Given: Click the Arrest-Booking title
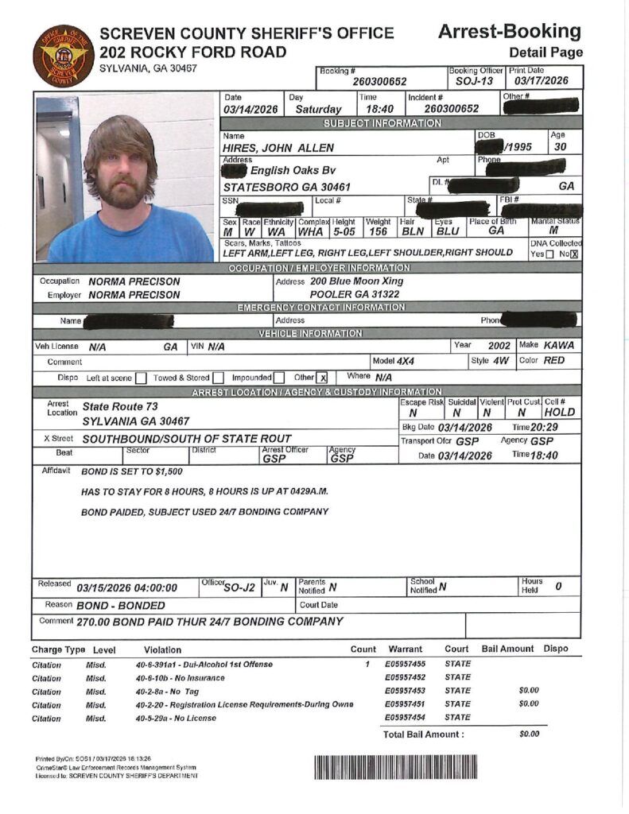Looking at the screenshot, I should (510, 32).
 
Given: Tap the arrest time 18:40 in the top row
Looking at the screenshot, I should (372, 109).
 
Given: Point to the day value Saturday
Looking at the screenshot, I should (318, 109).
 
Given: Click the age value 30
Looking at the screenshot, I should (559, 147).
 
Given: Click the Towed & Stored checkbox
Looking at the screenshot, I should (218, 378).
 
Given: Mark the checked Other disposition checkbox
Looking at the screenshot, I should (322, 378).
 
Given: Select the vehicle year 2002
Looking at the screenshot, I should (499, 346).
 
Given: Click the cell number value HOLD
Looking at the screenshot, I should (559, 412).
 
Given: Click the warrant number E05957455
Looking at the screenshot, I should (405, 663).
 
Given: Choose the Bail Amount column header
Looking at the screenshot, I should (507, 649).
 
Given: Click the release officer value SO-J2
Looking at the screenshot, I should (239, 587).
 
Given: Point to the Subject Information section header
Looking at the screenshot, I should (382, 123).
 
